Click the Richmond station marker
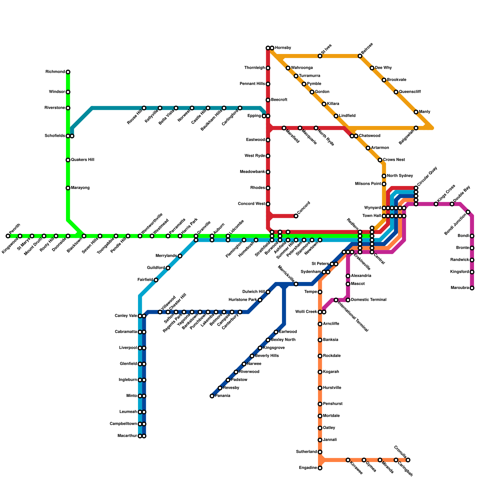click(68, 72)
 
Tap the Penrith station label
click(15, 229)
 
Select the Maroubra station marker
click(472, 288)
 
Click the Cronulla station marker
click(408, 460)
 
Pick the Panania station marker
click(212, 396)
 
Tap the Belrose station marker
click(360, 56)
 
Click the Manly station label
click(424, 112)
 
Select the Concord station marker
click(296, 216)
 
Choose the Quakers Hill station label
click(82, 160)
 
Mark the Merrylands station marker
click(180, 256)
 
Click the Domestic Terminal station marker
click(348, 300)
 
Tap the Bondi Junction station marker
click(468, 212)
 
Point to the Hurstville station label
click(332, 388)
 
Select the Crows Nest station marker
click(380, 160)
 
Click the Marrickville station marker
click(296, 284)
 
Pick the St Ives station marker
click(320, 56)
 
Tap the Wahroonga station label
click(302, 68)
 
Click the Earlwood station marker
click(276, 332)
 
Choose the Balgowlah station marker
click(416, 128)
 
